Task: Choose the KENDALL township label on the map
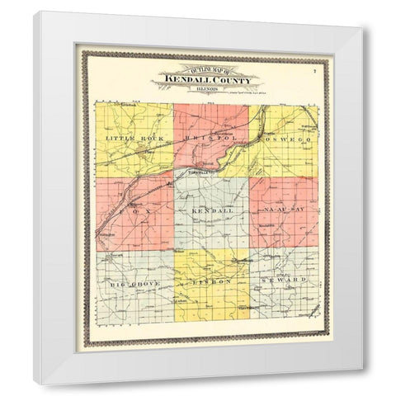[x=209, y=212]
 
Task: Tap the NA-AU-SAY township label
[x=283, y=212]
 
